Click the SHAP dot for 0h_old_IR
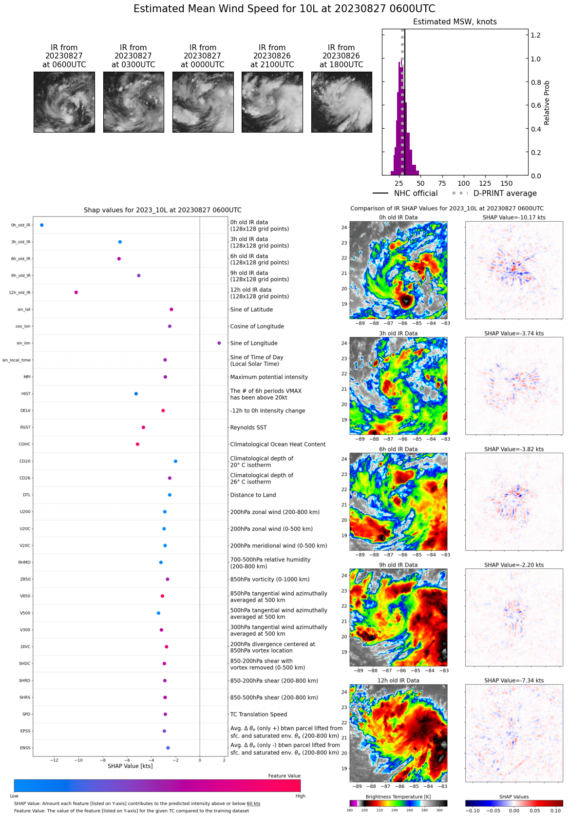(42, 225)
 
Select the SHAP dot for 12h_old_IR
(76, 292)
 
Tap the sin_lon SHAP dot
(219, 343)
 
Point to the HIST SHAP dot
(136, 394)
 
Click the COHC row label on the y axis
(24, 445)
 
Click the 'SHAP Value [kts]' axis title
(130, 766)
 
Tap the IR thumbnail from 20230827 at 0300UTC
(133, 102)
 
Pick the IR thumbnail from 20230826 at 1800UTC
(341, 102)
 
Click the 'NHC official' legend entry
(416, 194)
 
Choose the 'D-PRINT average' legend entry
(505, 194)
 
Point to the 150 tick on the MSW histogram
(507, 183)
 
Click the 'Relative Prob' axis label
(547, 102)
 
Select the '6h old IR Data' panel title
(398, 449)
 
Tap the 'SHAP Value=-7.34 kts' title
(514, 680)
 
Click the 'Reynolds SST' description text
(248, 427)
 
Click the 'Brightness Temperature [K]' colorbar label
(398, 797)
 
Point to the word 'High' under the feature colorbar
(300, 796)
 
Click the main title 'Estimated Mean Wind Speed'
(284, 9)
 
